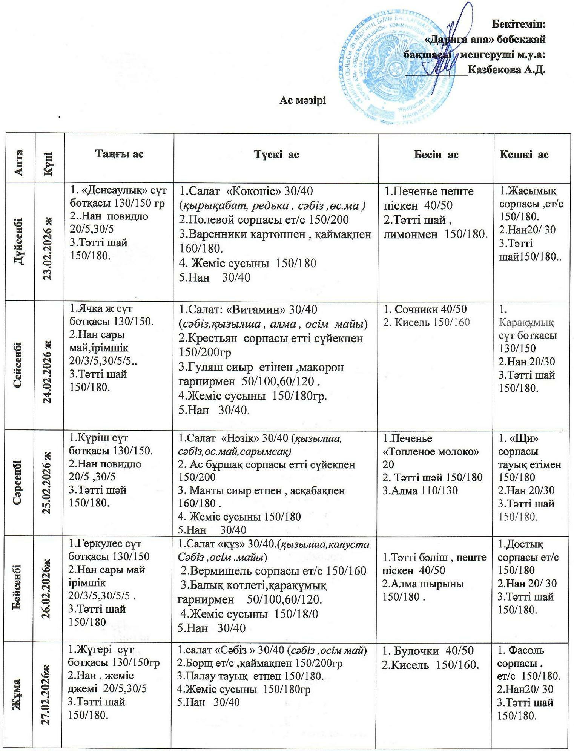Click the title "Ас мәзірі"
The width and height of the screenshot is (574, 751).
click(x=302, y=100)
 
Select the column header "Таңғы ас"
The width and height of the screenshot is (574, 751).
click(x=119, y=154)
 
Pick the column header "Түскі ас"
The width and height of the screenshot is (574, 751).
click(x=276, y=154)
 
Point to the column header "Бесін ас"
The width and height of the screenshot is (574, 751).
click(x=436, y=154)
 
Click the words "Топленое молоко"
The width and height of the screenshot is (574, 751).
click(x=431, y=452)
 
